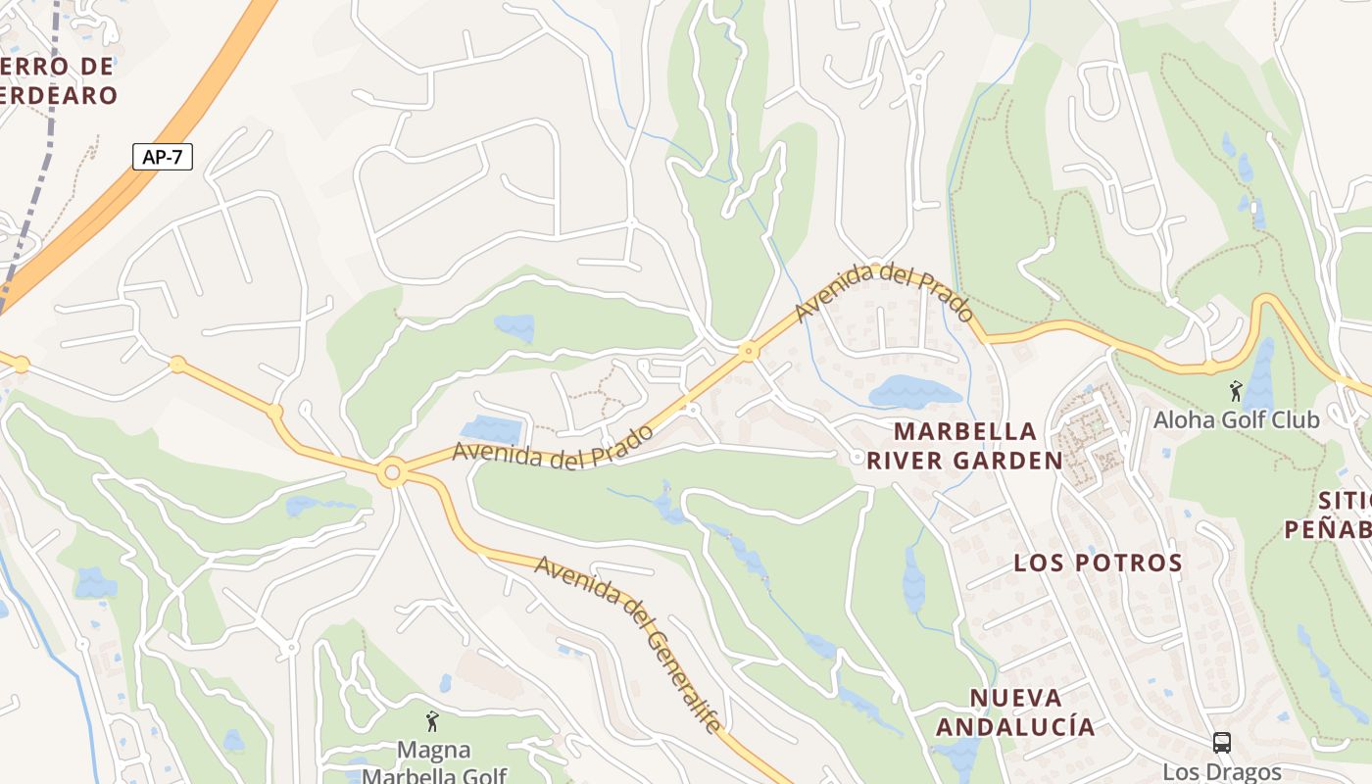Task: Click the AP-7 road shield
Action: (163, 157)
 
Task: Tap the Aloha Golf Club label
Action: (1236, 419)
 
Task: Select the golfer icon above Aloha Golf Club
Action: (1235, 391)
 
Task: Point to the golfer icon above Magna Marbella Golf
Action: (432, 722)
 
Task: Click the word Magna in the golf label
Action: (433, 751)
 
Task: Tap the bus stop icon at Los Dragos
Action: (1221, 743)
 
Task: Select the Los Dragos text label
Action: (1221, 771)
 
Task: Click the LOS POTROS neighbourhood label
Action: (1098, 563)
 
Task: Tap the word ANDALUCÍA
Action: (1015, 726)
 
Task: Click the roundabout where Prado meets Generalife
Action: (392, 473)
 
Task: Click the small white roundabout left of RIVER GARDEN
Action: (857, 457)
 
